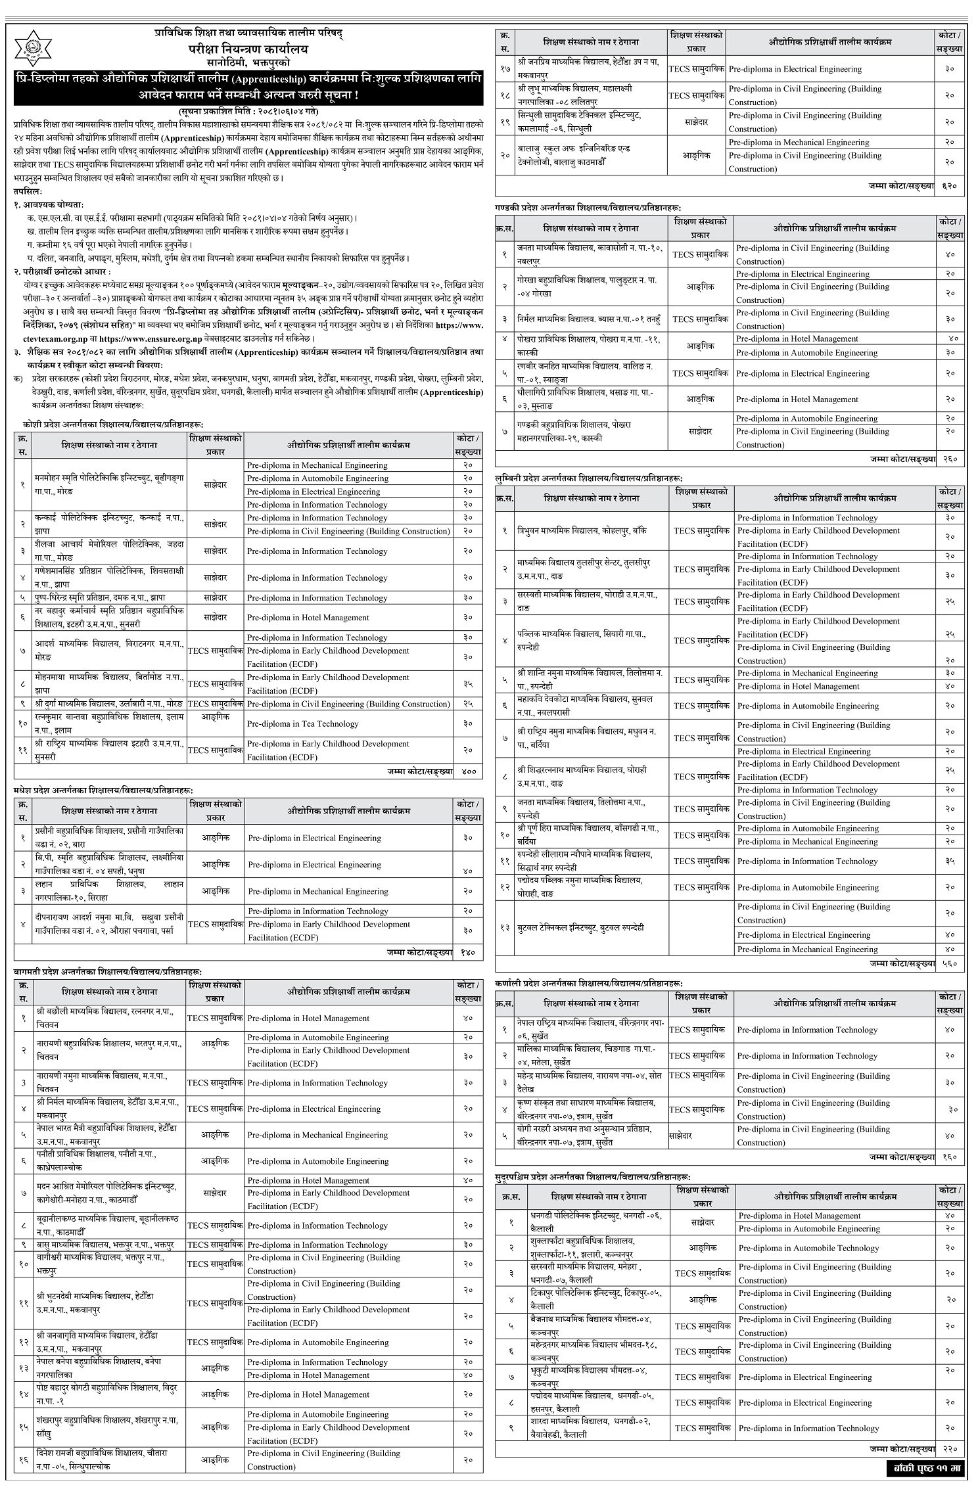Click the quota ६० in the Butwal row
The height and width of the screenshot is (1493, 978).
pyautogui.click(x=950, y=934)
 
